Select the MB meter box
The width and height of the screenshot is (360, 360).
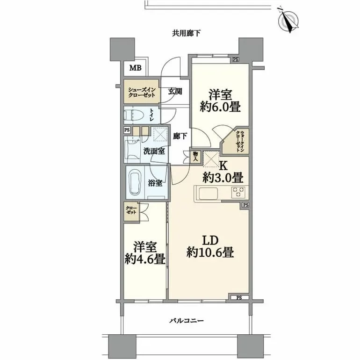pyautogui.click(x=135, y=68)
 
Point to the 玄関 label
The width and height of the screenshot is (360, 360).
pyautogui.click(x=175, y=92)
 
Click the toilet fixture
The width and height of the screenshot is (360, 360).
pyautogui.click(x=136, y=115)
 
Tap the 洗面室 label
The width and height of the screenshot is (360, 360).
pyautogui.click(x=154, y=151)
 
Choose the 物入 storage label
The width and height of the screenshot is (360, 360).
pyautogui.click(x=195, y=157)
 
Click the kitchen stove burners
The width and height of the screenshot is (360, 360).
pyautogui.click(x=239, y=192)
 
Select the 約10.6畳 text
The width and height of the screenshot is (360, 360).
pyautogui.click(x=210, y=252)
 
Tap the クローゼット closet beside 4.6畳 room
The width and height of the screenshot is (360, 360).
pyautogui.click(x=131, y=211)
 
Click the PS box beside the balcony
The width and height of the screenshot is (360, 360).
pyautogui.click(x=239, y=297)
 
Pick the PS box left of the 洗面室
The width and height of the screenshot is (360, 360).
pyautogui.click(x=127, y=130)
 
